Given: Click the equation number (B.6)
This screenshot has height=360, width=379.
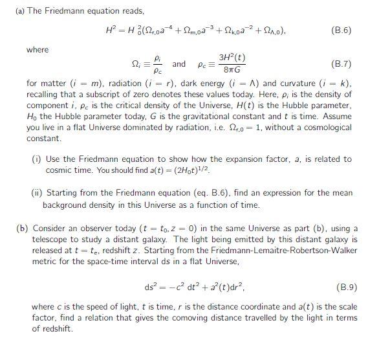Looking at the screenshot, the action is [x=340, y=30].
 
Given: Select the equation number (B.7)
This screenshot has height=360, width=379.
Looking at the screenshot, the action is [x=340, y=64].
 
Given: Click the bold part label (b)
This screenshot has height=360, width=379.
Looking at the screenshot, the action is [x=23, y=229].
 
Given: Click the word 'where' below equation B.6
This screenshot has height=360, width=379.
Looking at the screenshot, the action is [x=38, y=49].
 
